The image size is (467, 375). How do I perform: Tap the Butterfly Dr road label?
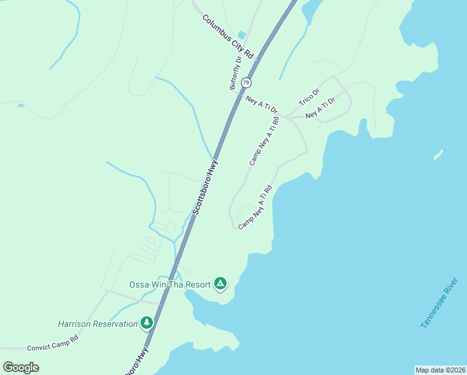tap(236, 74)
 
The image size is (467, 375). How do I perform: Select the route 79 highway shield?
tap(247, 82)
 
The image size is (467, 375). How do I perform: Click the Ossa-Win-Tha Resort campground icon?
tap(220, 284)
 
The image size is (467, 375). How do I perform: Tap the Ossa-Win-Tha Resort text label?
tap(169, 284)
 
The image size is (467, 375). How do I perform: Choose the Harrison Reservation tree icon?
tap(147, 323)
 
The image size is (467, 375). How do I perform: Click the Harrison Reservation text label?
tap(97, 324)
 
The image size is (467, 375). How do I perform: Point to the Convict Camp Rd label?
tap(53, 342)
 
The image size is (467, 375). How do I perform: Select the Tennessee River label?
tap(440, 302)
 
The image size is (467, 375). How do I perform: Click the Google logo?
tap(21, 367)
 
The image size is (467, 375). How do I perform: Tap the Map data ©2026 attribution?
tap(440, 369)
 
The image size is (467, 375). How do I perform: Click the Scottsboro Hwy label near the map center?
tap(205, 187)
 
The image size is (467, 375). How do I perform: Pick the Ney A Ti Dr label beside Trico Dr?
tap(320, 107)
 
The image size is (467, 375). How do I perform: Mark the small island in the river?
tap(439, 154)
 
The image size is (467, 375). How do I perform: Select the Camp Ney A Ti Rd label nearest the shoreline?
tap(255, 206)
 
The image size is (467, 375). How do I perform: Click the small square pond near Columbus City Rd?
tap(242, 35)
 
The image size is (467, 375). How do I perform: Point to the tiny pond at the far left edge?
tap(21, 106)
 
